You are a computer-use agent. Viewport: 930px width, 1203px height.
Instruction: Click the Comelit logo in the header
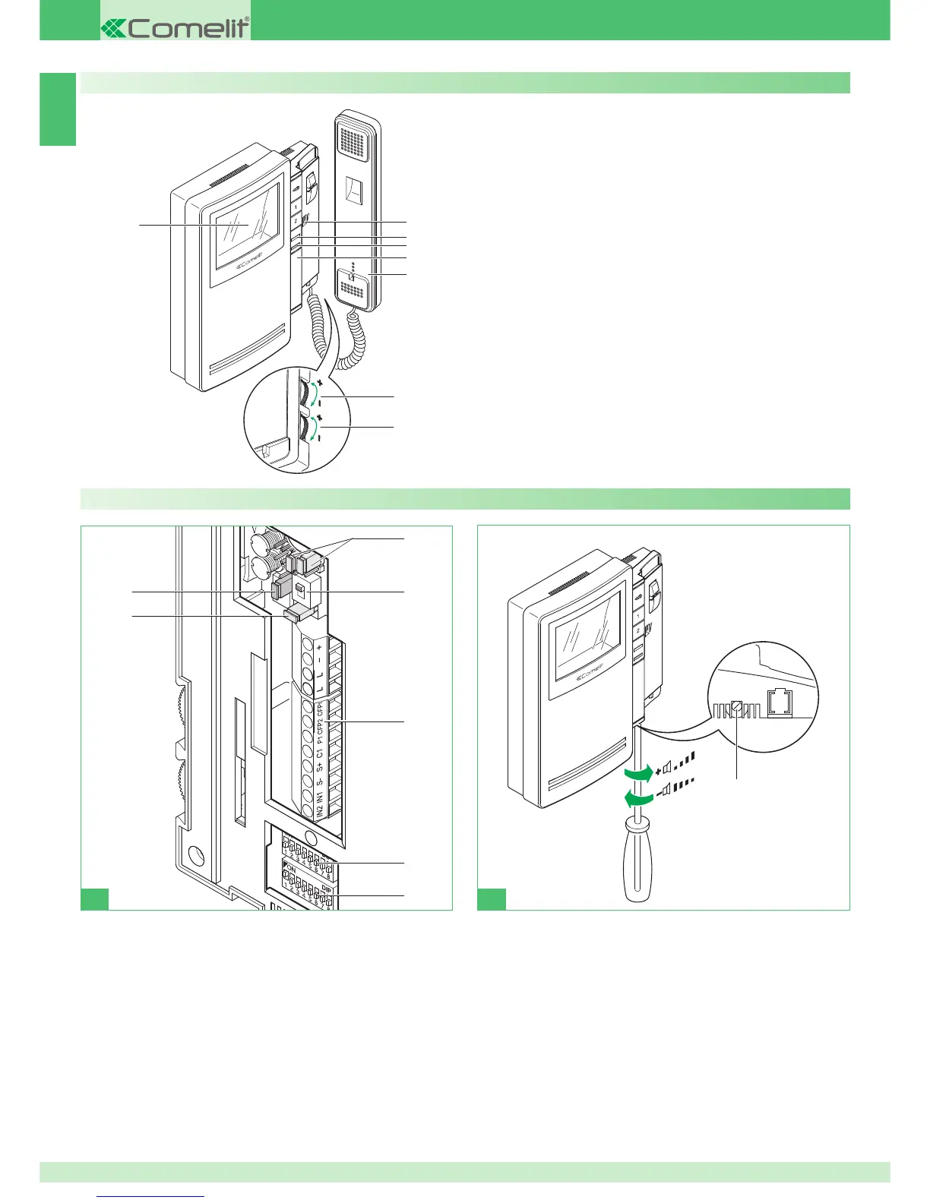(x=176, y=28)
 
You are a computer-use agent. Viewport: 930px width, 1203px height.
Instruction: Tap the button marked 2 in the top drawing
(x=296, y=221)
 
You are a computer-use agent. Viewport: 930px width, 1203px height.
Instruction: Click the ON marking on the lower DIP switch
(x=291, y=868)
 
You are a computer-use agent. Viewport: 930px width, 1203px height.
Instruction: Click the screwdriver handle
(x=637, y=858)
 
